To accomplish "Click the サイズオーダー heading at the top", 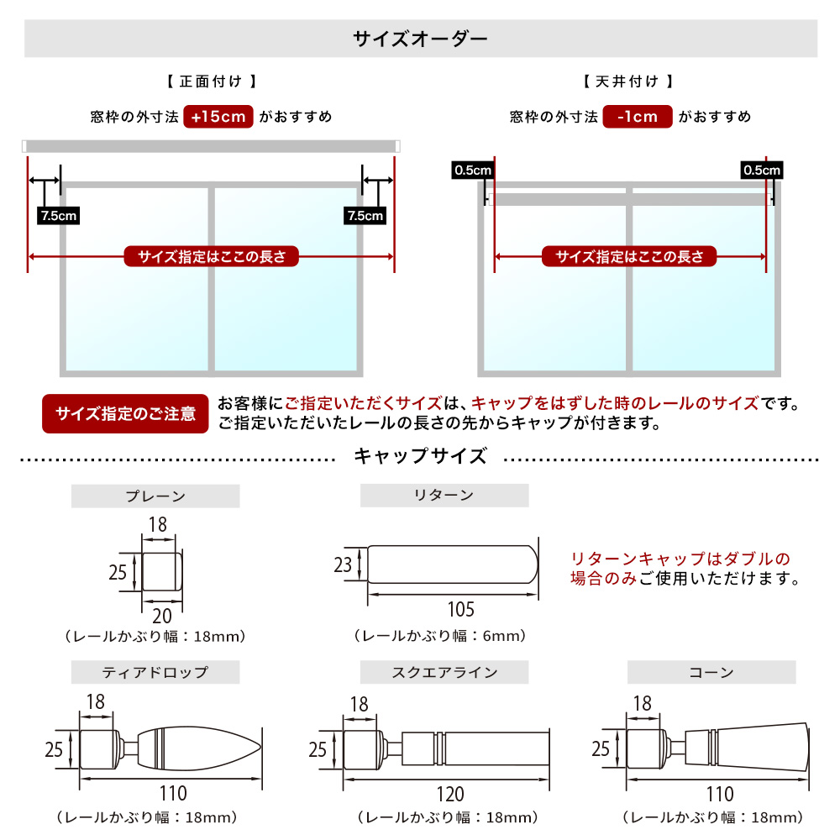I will [420, 39].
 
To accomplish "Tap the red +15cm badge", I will [218, 117].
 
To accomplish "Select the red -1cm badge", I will [638, 117].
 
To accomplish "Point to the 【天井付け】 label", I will [627, 81].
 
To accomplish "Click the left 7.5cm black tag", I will [58, 216].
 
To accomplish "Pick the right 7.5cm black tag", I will [365, 216].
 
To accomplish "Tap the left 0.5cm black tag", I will [473, 171].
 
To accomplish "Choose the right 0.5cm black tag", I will [762, 171].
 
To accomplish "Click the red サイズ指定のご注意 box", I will [125, 414].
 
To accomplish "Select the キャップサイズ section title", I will [420, 457].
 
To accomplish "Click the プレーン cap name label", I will [155, 496].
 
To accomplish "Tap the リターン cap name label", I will [444, 496].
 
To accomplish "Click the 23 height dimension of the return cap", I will [343, 565].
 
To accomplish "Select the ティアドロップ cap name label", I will [155, 672].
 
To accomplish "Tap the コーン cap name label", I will [711, 672].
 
